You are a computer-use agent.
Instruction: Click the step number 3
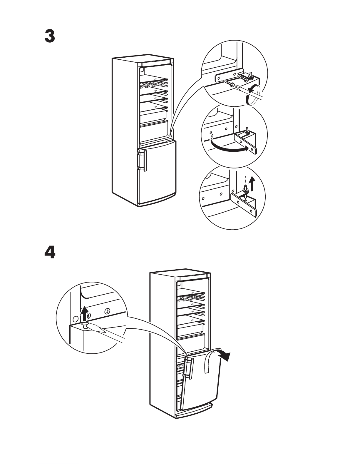point(49,36)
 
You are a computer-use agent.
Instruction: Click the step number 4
point(49,252)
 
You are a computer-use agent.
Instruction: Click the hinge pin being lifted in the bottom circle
point(245,190)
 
